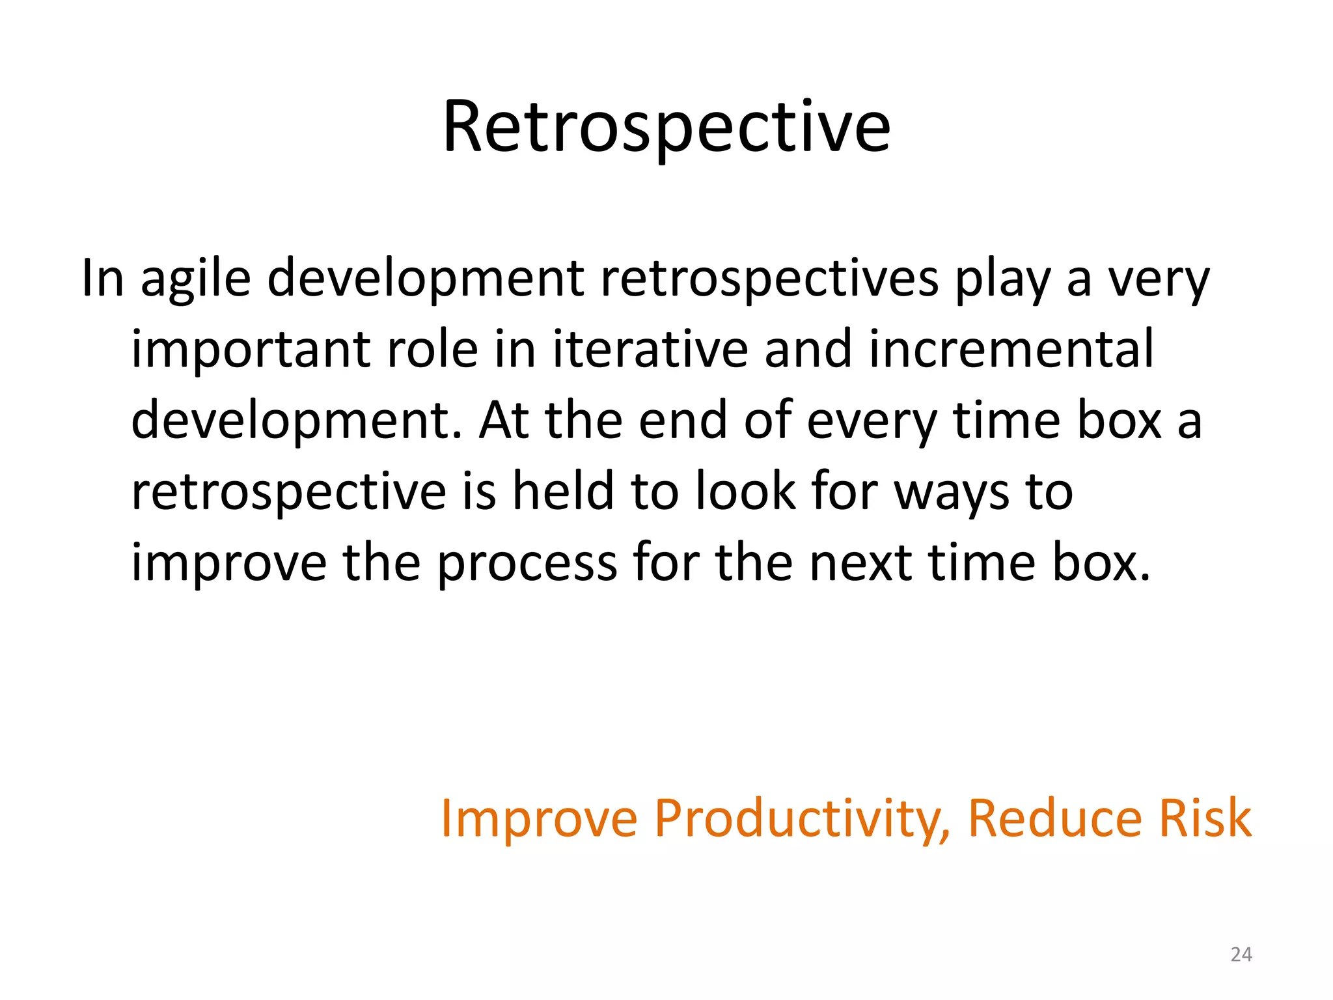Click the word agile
coord(195,280)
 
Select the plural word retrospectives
coord(769,280)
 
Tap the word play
coord(1002,280)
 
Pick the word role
coord(432,350)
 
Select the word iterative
coord(650,350)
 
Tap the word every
coord(872,422)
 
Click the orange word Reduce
coord(1054,819)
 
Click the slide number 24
coord(1241,954)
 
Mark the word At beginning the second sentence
coord(504,422)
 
